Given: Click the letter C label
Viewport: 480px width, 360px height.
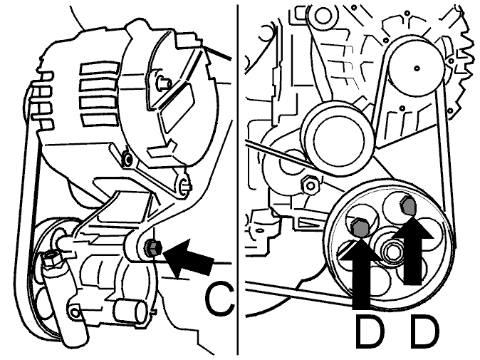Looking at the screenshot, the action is [x=219, y=299].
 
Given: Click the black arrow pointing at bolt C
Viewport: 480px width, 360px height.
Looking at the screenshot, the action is [x=189, y=255].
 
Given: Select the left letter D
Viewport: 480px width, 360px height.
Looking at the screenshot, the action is [x=370, y=332].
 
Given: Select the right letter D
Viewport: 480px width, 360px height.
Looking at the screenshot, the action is [x=424, y=332].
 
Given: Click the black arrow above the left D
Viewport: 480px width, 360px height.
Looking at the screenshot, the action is [x=361, y=270].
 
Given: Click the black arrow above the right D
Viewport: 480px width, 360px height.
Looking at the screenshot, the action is [x=413, y=250].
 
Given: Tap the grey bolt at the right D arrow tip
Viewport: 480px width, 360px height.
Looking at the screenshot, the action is [x=408, y=207].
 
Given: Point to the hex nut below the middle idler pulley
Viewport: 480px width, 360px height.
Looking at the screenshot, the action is [x=310, y=185].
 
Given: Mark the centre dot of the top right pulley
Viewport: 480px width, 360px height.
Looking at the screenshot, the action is [x=417, y=68].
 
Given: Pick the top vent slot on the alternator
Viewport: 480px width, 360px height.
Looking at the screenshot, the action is [x=100, y=68].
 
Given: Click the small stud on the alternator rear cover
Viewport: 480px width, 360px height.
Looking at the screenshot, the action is [x=164, y=82].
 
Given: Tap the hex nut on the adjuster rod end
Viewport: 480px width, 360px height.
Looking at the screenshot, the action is [x=50, y=259].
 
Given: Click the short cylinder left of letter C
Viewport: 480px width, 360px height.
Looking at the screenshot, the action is [x=132, y=311].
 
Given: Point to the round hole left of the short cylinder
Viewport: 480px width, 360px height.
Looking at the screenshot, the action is [x=75, y=312].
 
